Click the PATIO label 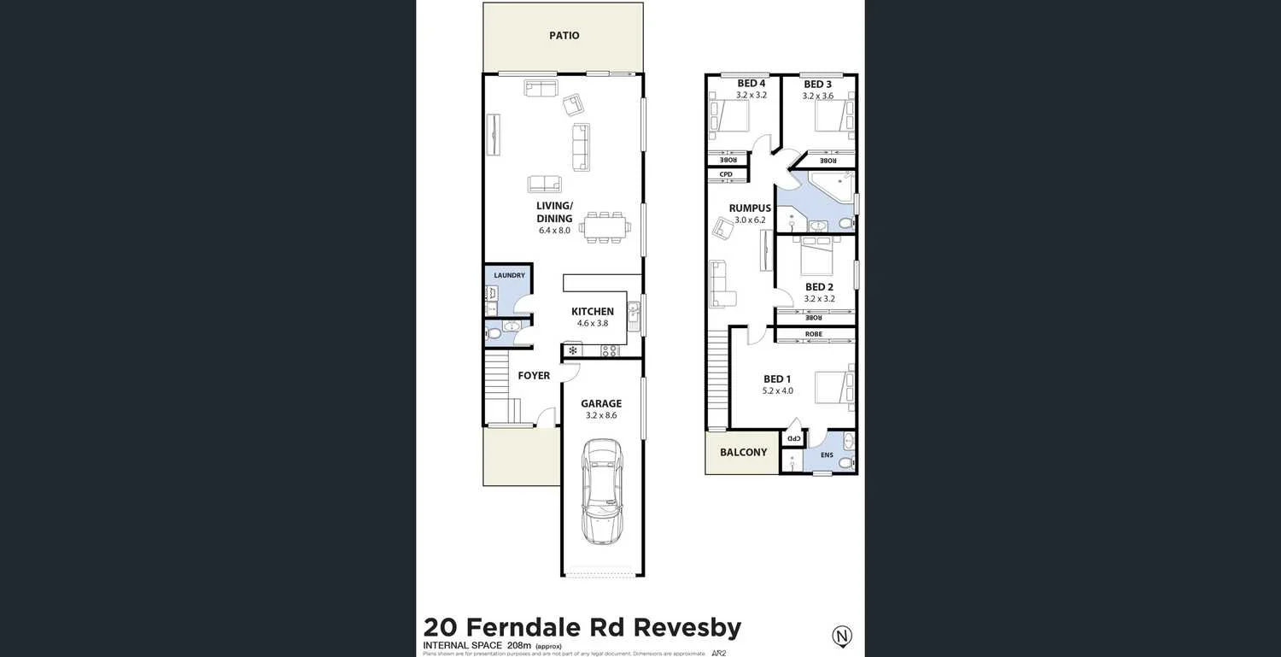click(x=564, y=36)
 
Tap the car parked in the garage click(x=602, y=490)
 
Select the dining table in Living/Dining click(x=605, y=227)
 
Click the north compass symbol click(x=842, y=636)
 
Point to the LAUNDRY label click(x=509, y=275)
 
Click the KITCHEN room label click(x=593, y=312)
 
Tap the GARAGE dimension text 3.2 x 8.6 click(x=601, y=415)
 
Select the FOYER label click(x=534, y=376)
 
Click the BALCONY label click(x=743, y=452)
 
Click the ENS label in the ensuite click(x=827, y=455)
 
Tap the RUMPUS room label click(x=750, y=208)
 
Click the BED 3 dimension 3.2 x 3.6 click(x=817, y=96)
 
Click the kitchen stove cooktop click(x=610, y=350)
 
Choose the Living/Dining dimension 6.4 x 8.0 click(x=553, y=230)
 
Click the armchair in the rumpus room click(x=725, y=228)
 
